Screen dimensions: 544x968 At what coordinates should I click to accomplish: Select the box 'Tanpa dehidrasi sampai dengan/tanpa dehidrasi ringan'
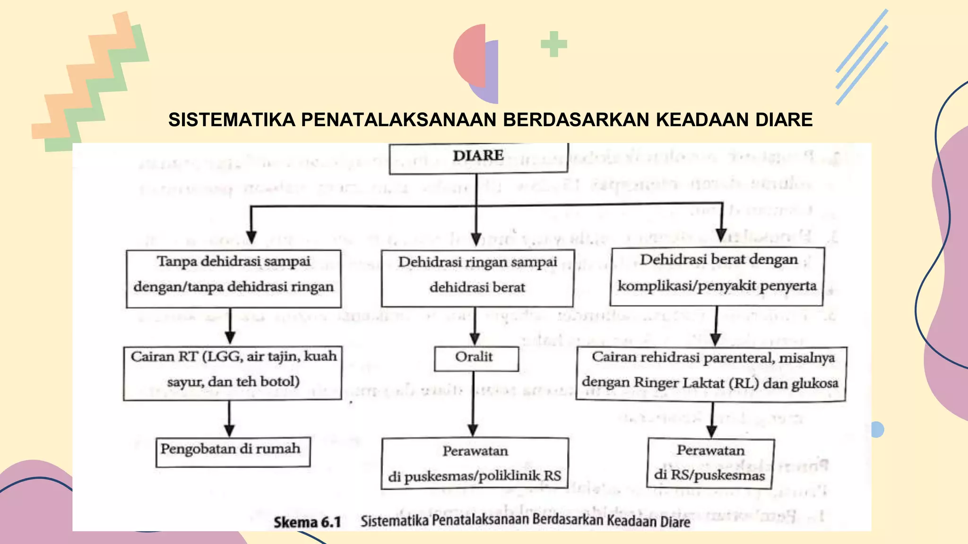(x=233, y=279)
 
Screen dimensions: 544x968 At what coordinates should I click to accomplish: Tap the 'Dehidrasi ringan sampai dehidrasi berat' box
(x=477, y=278)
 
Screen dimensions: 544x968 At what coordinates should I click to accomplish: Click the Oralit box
(x=476, y=358)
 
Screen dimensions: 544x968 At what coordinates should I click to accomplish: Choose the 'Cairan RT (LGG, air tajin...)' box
(x=233, y=373)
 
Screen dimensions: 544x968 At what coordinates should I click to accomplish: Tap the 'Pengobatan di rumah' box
(x=233, y=452)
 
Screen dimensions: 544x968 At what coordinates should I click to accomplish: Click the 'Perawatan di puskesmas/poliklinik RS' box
(x=475, y=463)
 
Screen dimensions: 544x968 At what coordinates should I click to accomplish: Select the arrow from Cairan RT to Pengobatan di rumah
(x=230, y=418)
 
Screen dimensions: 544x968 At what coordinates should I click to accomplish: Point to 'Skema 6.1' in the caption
(x=307, y=522)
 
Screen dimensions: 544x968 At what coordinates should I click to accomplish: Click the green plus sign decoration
(x=553, y=44)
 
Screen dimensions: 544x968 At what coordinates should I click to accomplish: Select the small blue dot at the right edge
(x=877, y=429)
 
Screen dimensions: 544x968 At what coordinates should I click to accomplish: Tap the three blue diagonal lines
(x=862, y=57)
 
